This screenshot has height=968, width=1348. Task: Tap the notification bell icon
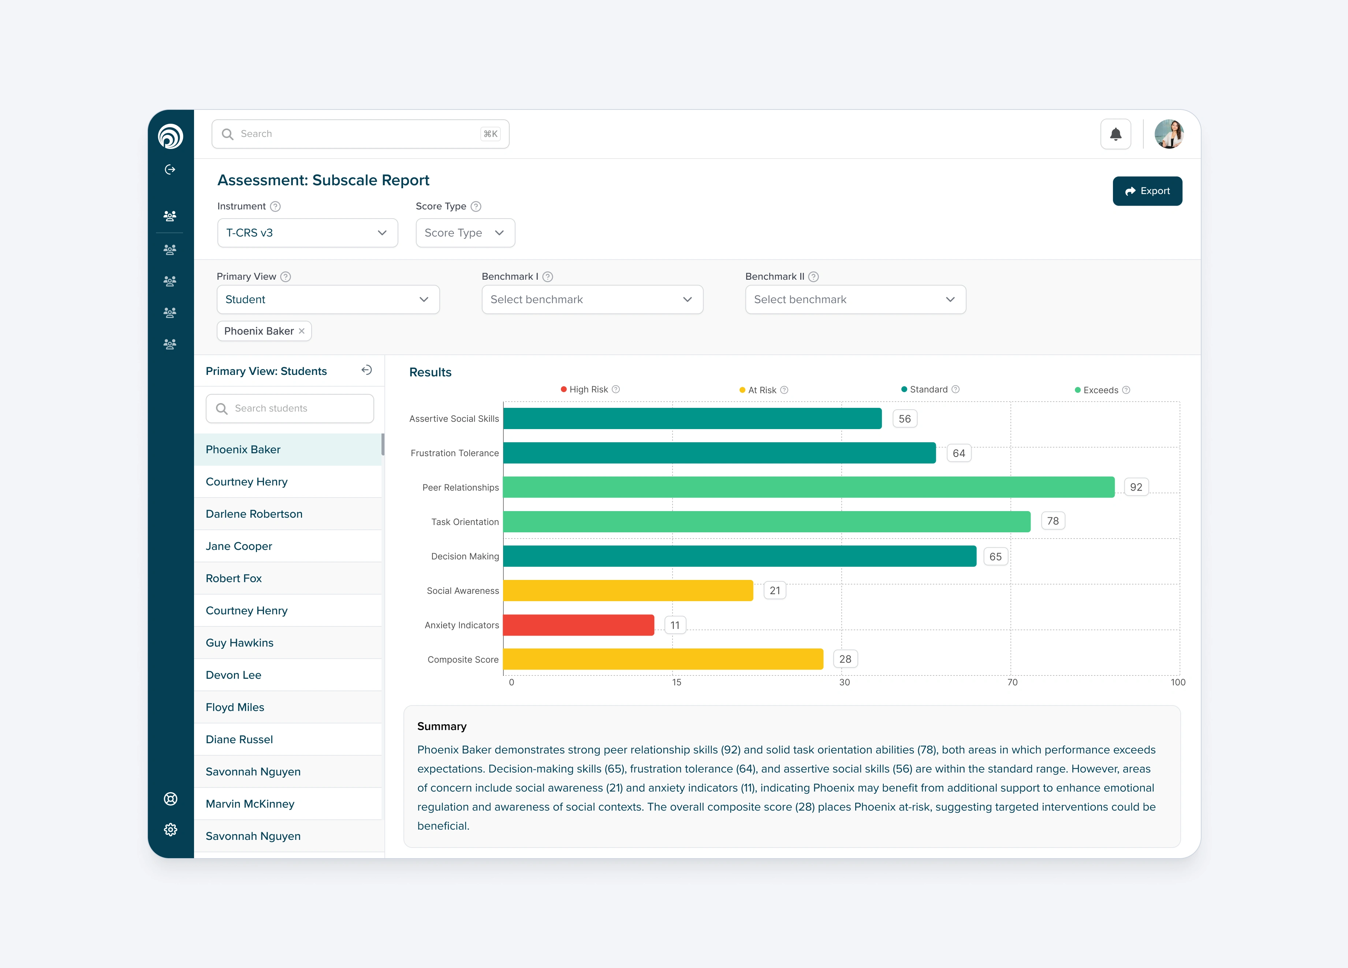coord(1115,134)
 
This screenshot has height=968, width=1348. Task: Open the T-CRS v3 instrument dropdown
coord(307,233)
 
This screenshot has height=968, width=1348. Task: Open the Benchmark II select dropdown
coord(855,299)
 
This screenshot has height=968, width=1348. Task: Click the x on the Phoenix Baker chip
coord(302,331)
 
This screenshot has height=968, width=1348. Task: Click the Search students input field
coord(290,408)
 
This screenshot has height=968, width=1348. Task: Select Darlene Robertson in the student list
coord(254,514)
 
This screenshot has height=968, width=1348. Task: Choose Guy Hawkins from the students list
coord(239,643)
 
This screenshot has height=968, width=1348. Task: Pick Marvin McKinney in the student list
coord(250,804)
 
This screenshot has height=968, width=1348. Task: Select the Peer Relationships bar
coord(808,487)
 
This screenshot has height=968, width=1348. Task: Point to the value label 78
coord(1053,521)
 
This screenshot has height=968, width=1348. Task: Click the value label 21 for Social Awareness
coord(774,591)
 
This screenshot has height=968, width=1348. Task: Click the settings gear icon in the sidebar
coord(171,830)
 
